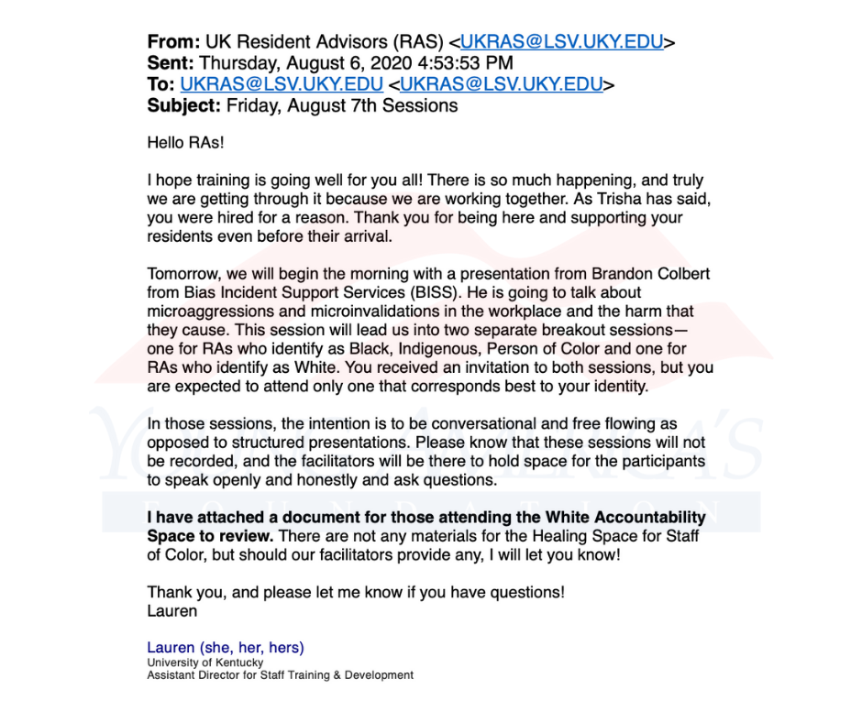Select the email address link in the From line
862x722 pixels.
[x=562, y=42]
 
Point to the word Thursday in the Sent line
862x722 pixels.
[x=240, y=63]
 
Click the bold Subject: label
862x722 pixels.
[x=184, y=105]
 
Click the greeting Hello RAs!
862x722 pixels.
[x=185, y=144]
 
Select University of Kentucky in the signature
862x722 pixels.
[x=205, y=662]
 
